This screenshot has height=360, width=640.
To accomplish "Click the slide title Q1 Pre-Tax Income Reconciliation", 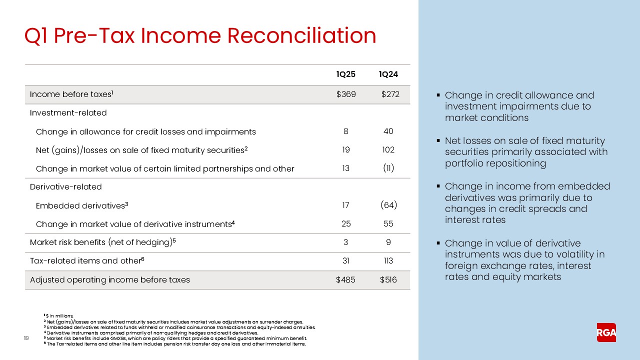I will [x=200, y=36].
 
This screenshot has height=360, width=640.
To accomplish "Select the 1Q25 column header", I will [x=345, y=74].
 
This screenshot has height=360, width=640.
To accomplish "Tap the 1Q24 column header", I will [x=388, y=74].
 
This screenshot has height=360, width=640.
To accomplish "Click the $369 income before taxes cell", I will [x=345, y=94].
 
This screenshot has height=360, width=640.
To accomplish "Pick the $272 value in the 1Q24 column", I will [x=390, y=94].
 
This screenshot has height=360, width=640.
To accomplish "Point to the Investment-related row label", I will [x=68, y=113].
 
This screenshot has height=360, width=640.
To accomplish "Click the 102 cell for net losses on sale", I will [x=388, y=150].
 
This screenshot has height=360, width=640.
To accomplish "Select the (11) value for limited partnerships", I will [x=388, y=168].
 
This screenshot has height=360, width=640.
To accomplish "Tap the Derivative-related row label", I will [x=65, y=187].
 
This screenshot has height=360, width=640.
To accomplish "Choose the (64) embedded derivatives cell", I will [x=388, y=205].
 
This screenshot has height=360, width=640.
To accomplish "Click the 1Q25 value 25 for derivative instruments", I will [x=345, y=224].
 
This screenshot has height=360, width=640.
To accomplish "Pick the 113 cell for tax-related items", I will [x=388, y=261].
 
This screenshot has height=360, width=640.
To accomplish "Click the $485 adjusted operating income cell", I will [x=345, y=280].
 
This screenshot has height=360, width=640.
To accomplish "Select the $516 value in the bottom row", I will [x=388, y=280].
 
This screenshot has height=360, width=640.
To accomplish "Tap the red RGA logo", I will [x=606, y=332].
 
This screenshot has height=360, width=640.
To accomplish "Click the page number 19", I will [x=27, y=338].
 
